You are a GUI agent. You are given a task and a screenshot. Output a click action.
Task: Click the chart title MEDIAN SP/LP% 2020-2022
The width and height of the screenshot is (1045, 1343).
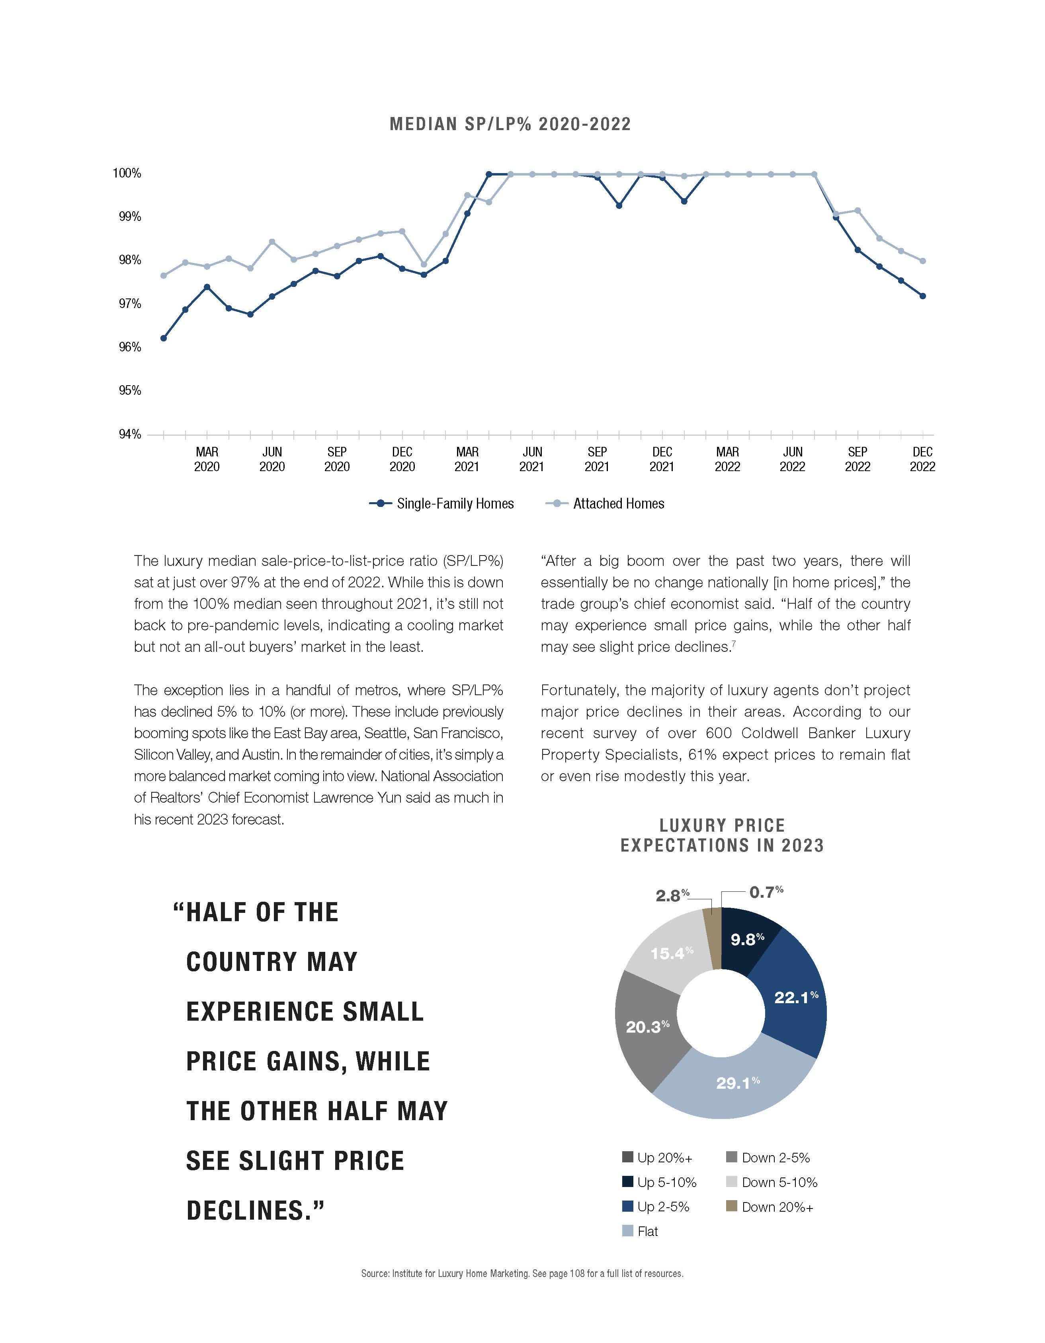click(x=510, y=124)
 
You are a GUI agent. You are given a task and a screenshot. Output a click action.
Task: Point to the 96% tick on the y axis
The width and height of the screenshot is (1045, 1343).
click(x=130, y=347)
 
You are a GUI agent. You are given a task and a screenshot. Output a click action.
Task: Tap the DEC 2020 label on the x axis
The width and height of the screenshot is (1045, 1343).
click(x=402, y=459)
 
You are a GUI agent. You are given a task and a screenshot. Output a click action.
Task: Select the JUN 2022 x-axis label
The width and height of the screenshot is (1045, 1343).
click(x=792, y=459)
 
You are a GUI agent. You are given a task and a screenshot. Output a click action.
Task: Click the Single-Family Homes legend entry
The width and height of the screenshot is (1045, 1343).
click(x=455, y=504)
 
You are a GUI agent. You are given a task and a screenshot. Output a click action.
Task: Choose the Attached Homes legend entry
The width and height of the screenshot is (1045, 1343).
click(x=618, y=504)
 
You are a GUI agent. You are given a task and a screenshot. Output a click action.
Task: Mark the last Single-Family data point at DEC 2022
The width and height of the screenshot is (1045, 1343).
click(x=923, y=296)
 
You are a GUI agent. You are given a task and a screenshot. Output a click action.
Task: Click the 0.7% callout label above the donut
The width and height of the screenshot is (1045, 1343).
click(x=766, y=892)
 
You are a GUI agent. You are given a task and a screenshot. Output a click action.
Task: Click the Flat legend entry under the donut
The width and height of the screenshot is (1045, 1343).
click(x=647, y=1232)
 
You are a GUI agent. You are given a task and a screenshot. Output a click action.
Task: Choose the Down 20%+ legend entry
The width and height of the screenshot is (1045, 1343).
click(x=777, y=1207)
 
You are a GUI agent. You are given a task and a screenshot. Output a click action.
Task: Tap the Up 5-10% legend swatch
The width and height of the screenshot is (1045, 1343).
click(x=627, y=1182)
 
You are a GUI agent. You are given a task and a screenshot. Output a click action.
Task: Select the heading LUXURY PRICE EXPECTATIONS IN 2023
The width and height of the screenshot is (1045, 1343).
click(x=722, y=835)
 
